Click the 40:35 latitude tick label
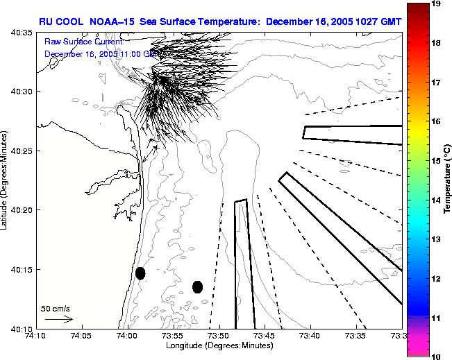click(x=22, y=33)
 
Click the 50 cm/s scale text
click(x=54, y=308)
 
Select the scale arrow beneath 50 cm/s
click(x=58, y=319)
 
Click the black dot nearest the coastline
click(x=140, y=273)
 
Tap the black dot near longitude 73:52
click(x=197, y=286)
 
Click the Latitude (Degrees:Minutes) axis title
click(x=6, y=180)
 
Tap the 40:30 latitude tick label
click(x=22, y=92)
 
